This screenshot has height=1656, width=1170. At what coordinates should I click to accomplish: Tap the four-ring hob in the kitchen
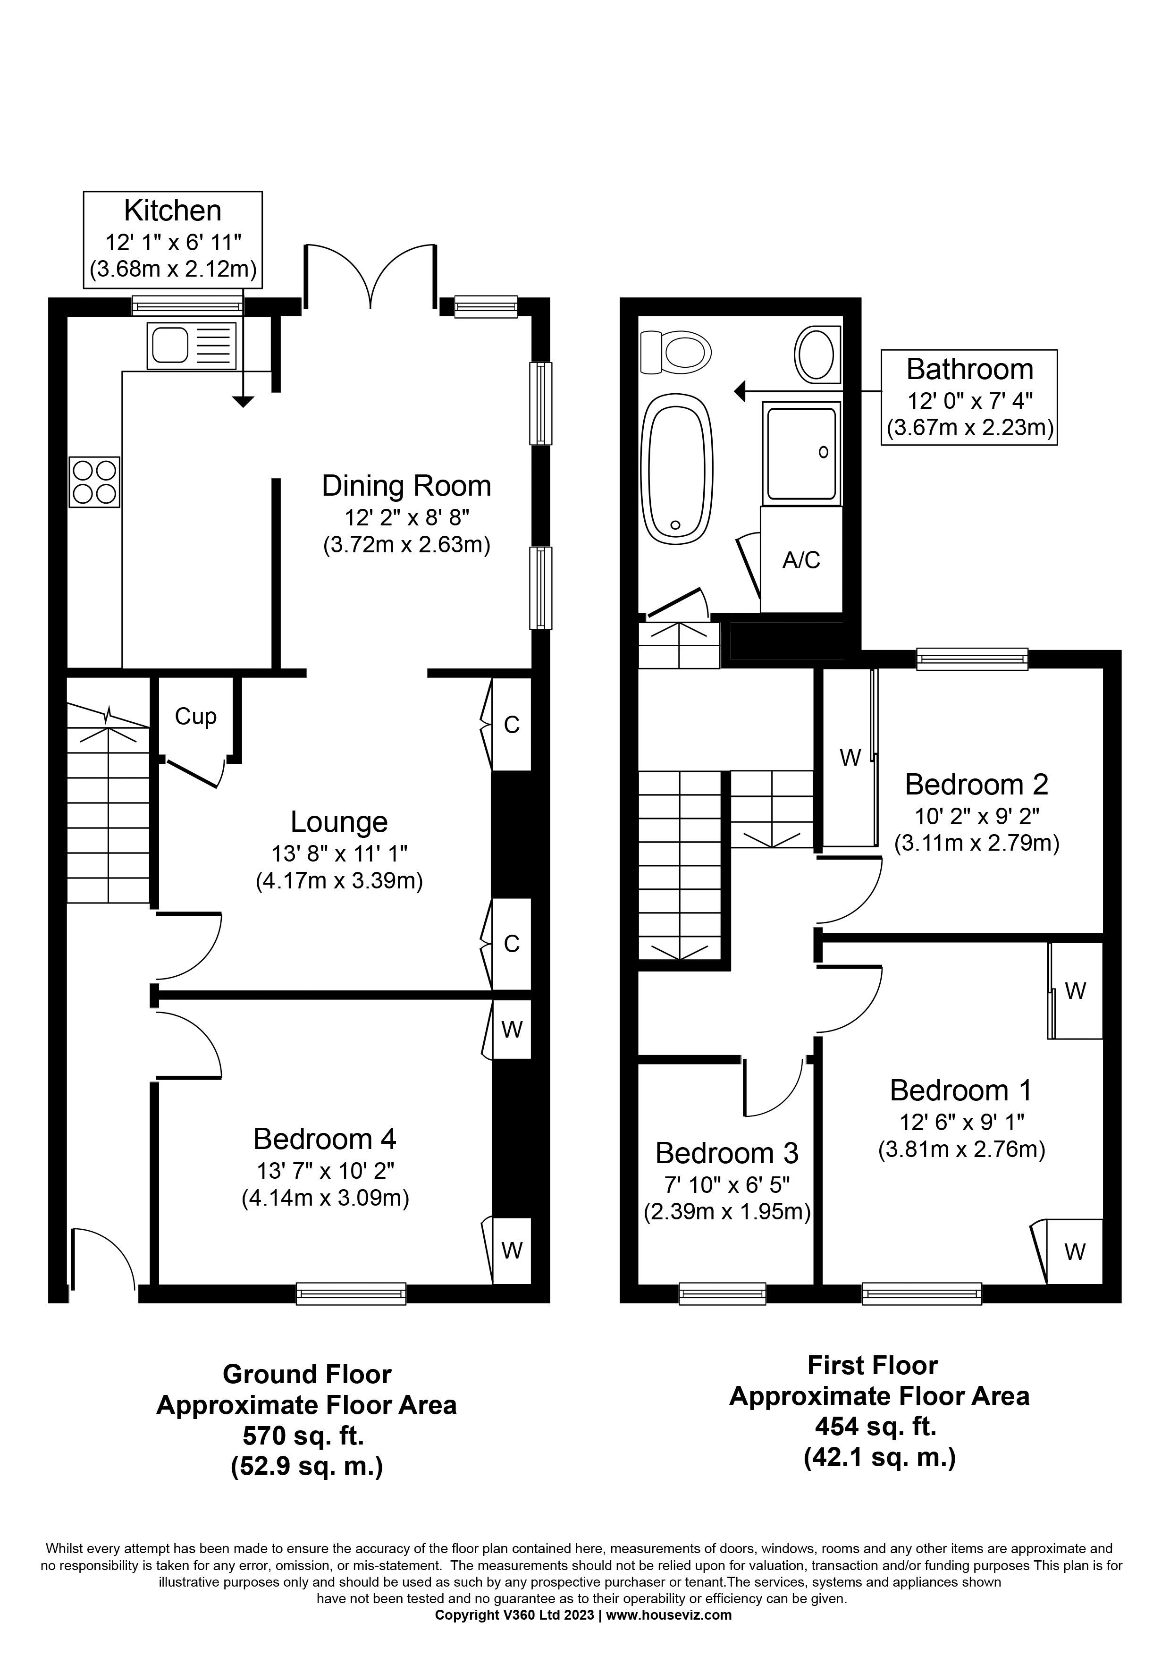(94, 482)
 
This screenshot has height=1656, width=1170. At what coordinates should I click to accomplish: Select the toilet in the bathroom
(675, 353)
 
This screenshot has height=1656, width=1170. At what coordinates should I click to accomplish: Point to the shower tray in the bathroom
(801, 452)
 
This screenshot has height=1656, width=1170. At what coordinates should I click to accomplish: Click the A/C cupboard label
(801, 560)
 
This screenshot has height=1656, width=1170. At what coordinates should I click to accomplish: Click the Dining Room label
(406, 486)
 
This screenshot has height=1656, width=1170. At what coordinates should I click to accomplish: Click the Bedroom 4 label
(324, 1139)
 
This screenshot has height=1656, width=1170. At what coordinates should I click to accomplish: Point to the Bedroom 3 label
(727, 1153)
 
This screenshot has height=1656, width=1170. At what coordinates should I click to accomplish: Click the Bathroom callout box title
(969, 369)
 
